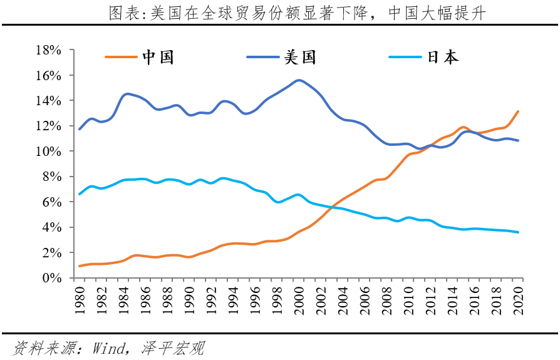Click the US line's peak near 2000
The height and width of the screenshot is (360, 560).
tap(299, 80)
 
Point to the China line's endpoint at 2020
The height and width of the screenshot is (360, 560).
tap(519, 111)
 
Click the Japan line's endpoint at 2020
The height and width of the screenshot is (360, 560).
tap(519, 232)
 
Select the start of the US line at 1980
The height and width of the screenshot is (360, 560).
tap(80, 129)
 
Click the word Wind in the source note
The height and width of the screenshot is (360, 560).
tap(107, 347)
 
